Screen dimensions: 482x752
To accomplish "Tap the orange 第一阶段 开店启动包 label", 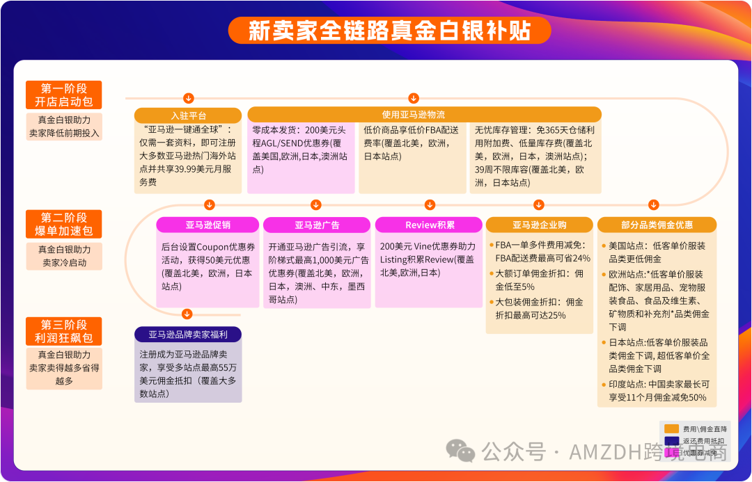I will pyautogui.click(x=63, y=95).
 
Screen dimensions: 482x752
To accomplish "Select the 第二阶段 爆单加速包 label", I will pyautogui.click(x=63, y=224).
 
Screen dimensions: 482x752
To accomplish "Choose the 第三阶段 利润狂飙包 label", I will pyautogui.click(x=63, y=332).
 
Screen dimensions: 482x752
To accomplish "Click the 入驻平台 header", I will pyautogui.click(x=188, y=115).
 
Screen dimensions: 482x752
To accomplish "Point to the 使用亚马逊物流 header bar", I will pyautogui.click(x=423, y=115).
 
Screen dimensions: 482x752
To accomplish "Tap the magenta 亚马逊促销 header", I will pyautogui.click(x=207, y=225).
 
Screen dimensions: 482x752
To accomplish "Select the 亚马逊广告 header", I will pyautogui.click(x=317, y=225).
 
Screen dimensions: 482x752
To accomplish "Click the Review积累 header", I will pyautogui.click(x=429, y=225).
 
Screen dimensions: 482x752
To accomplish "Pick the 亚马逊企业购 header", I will pyautogui.click(x=539, y=225).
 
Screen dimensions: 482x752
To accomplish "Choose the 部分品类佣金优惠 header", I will pyautogui.click(x=657, y=225).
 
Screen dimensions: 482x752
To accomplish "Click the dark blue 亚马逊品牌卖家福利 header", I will pyautogui.click(x=188, y=335).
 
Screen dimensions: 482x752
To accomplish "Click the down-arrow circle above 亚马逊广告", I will pyautogui.click(x=316, y=204).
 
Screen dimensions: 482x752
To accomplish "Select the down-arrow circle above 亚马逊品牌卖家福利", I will pyautogui.click(x=187, y=313).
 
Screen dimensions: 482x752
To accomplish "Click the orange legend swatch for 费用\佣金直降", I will pyautogui.click(x=671, y=429).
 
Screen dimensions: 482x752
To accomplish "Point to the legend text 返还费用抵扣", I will pyautogui.click(x=703, y=441).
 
